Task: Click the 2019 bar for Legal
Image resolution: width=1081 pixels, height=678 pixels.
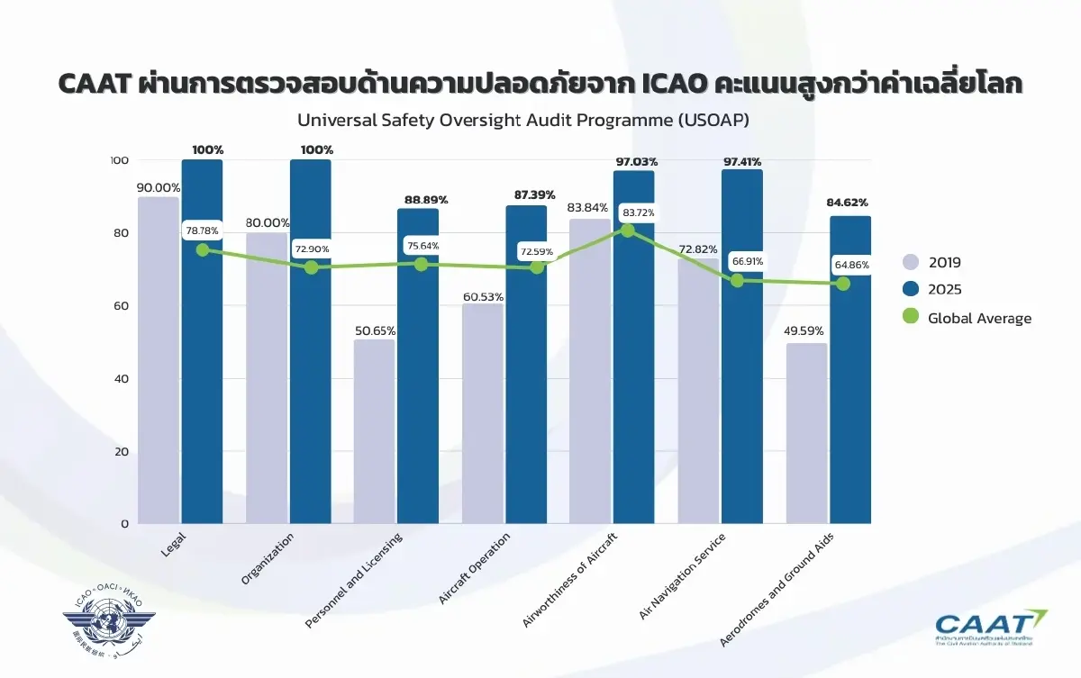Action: click(158, 360)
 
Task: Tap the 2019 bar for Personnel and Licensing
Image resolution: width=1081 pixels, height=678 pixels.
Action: click(374, 432)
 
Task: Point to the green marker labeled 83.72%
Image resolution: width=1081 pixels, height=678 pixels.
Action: click(628, 231)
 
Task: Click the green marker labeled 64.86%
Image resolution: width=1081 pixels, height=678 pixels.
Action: click(843, 284)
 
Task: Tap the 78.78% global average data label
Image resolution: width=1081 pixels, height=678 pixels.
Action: click(203, 231)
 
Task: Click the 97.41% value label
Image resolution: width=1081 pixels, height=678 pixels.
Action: click(742, 161)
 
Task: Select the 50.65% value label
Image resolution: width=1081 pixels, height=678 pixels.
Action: click(374, 331)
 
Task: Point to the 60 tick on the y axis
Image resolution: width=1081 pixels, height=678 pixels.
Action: click(120, 306)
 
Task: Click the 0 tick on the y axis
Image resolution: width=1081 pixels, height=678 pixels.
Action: click(125, 524)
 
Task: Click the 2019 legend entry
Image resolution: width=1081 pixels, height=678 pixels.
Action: click(932, 263)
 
